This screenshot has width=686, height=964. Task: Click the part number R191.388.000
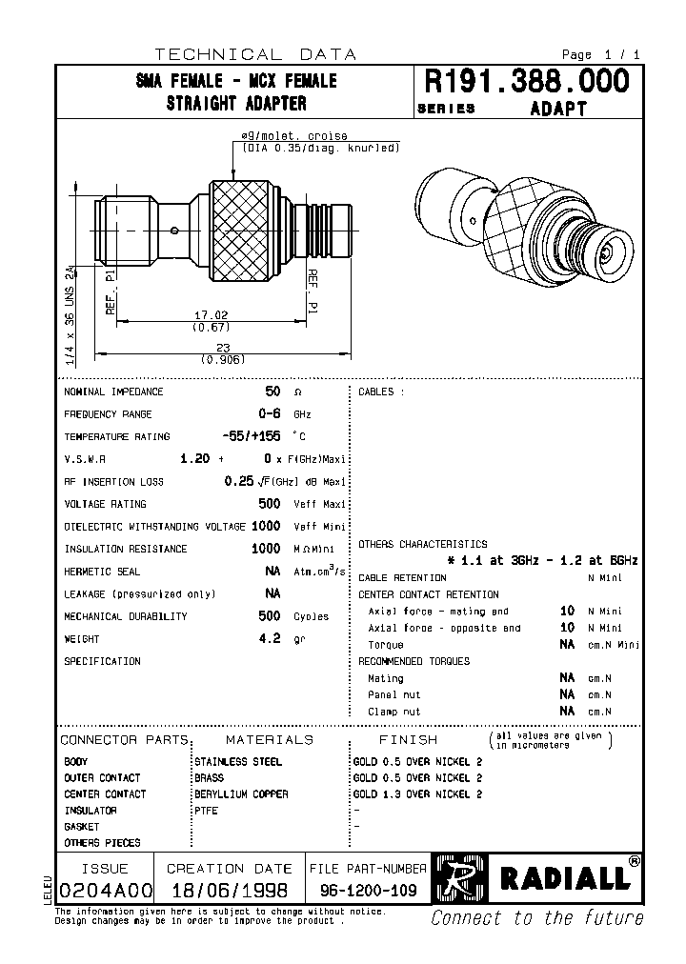(526, 82)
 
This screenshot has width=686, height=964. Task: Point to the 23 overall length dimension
(223, 348)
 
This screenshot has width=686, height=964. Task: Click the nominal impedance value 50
(272, 392)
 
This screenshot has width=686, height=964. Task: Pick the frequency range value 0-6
(271, 414)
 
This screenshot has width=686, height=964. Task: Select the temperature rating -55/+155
(251, 436)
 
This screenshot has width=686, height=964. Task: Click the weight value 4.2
(271, 639)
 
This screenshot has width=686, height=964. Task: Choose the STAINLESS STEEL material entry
(237, 762)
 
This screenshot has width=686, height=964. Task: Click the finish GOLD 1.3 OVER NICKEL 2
(417, 794)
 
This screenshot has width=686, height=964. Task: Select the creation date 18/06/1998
(229, 891)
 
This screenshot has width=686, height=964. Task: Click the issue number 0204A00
(105, 891)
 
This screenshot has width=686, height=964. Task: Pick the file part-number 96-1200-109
(368, 891)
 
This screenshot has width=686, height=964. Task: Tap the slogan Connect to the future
(536, 918)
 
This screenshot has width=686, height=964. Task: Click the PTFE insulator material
(206, 811)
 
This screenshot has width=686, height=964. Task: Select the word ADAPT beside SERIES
(557, 109)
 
